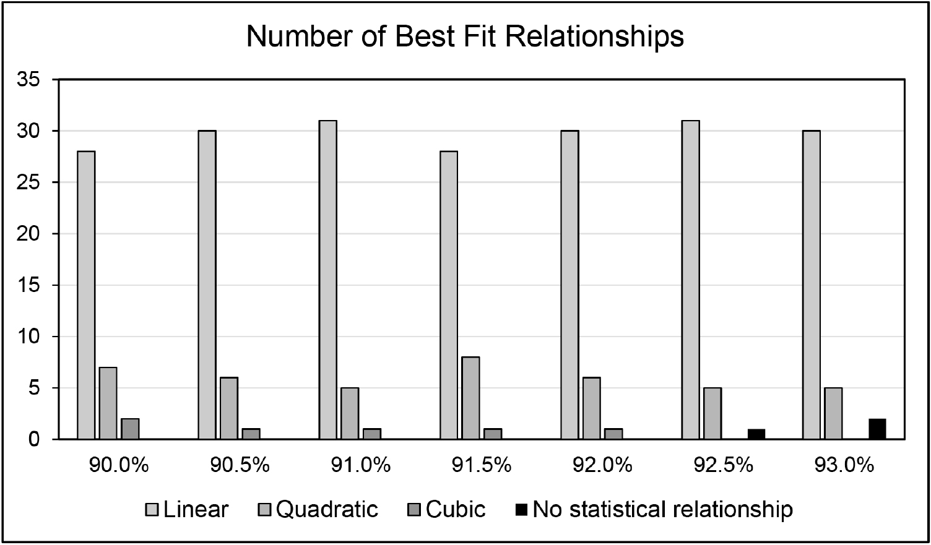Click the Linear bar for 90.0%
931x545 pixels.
pyautogui.click(x=86, y=295)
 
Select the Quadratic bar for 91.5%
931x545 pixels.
pyautogui.click(x=470, y=398)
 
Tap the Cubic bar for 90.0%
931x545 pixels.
pyautogui.click(x=130, y=429)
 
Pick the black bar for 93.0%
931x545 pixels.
pyautogui.click(x=877, y=429)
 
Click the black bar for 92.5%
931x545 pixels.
pyautogui.click(x=756, y=434)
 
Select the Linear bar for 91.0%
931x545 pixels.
pyautogui.click(x=328, y=280)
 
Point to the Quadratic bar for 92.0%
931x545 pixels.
pyautogui.click(x=591, y=408)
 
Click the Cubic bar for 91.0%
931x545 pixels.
pyautogui.click(x=372, y=434)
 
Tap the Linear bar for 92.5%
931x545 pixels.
pyautogui.click(x=690, y=280)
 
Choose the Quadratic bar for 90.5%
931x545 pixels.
pyautogui.click(x=228, y=408)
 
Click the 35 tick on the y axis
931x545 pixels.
pyautogui.click(x=32, y=80)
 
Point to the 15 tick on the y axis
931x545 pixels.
pyautogui.click(x=32, y=285)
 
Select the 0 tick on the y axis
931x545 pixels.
pyautogui.click(x=37, y=439)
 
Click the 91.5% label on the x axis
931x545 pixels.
pyautogui.click(x=482, y=465)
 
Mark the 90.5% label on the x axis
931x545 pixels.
pyautogui.click(x=240, y=465)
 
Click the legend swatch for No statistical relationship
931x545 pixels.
pyautogui.click(x=521, y=510)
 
